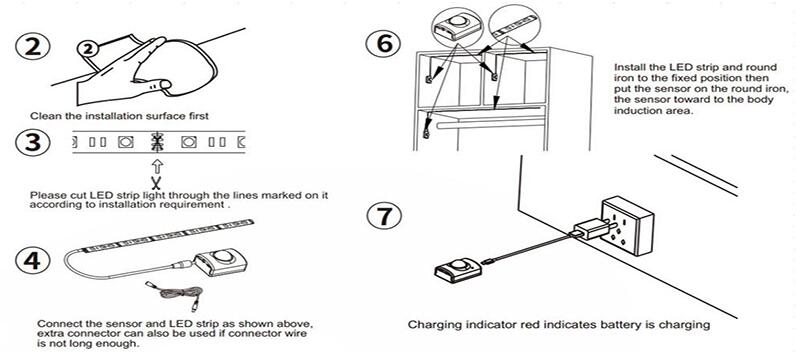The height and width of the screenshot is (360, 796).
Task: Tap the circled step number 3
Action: pyautogui.click(x=32, y=143)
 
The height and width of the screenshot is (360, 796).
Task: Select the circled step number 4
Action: pyautogui.click(x=33, y=261)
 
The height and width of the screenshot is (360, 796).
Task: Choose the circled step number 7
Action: pyautogui.click(x=384, y=215)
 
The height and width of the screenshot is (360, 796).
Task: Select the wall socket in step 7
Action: pyautogui.click(x=626, y=226)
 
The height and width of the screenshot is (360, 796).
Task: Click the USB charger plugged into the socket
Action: pyautogui.click(x=591, y=228)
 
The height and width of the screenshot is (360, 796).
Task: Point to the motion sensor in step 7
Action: pyautogui.click(x=458, y=269)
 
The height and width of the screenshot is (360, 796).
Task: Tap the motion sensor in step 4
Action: pyautogui.click(x=221, y=261)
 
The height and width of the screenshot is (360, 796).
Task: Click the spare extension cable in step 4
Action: pyautogui.click(x=174, y=294)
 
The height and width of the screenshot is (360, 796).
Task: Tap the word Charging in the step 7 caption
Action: pyautogui.click(x=429, y=324)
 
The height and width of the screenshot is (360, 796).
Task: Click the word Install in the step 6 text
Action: pyautogui.click(x=628, y=67)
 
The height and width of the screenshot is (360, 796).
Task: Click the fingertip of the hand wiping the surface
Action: pyautogui.click(x=165, y=84)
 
